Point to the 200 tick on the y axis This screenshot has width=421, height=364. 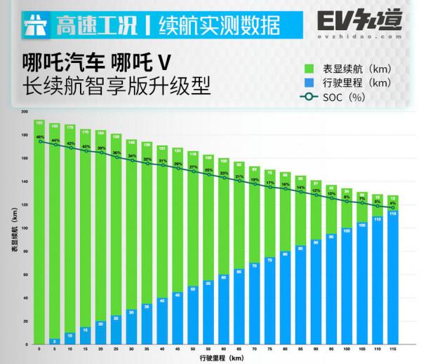25,112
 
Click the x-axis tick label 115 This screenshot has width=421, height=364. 393,348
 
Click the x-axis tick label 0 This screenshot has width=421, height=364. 39,348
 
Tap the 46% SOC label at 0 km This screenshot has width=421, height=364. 39,136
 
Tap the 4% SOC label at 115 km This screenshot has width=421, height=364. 393,203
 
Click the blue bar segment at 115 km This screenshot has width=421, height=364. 393,280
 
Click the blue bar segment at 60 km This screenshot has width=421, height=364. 224,308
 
